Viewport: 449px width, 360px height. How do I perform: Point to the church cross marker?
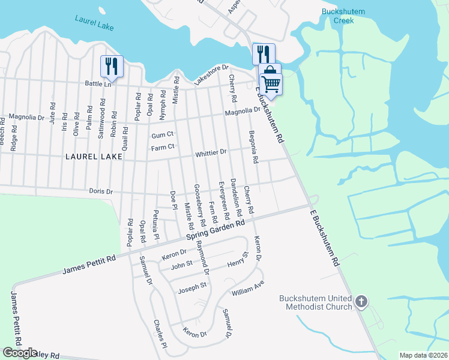(x=361, y=302)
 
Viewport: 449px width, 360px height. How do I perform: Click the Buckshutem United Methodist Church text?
(x=315, y=303)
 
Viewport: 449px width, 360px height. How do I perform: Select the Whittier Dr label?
(x=210, y=154)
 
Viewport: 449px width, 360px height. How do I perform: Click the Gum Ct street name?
(x=162, y=135)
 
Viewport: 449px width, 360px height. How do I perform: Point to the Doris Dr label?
(x=101, y=191)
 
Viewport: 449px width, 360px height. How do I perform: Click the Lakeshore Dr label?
(x=211, y=75)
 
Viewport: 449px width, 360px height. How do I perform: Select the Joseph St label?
(x=192, y=287)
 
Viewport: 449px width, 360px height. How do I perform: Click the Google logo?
(x=20, y=353)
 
